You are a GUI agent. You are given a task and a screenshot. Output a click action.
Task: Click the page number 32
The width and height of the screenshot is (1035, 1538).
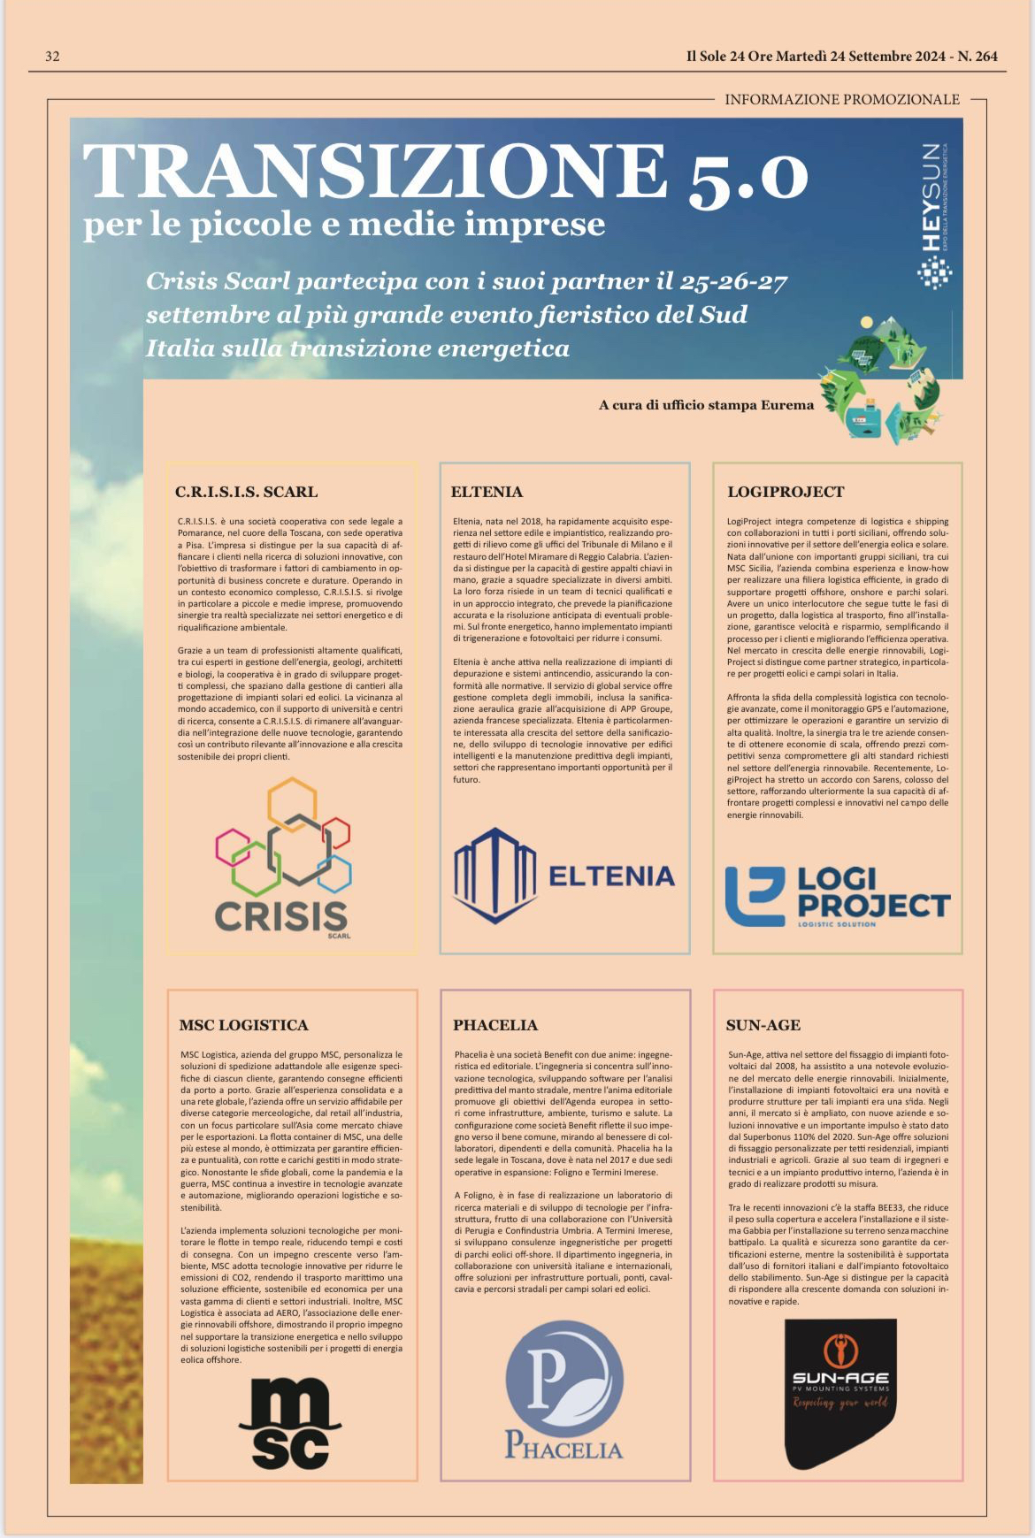[52, 57]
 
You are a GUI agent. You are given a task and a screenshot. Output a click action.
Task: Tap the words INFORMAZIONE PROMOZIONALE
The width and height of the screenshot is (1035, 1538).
[841, 99]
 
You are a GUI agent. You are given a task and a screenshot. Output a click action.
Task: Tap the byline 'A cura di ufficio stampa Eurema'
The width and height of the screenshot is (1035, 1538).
[706, 405]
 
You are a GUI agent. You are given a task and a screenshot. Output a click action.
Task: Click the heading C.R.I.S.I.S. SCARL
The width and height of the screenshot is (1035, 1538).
[246, 492]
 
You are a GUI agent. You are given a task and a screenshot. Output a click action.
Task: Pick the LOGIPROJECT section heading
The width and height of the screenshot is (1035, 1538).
[786, 492]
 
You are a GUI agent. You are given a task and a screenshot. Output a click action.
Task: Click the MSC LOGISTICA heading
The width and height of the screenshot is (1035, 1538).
[243, 1025]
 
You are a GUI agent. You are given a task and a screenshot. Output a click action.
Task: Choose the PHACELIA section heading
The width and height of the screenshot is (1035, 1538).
[495, 1025]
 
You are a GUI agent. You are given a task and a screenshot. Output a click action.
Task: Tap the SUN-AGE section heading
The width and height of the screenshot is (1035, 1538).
[763, 1025]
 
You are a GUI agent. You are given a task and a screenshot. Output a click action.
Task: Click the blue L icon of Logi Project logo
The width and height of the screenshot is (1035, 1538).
[755, 895]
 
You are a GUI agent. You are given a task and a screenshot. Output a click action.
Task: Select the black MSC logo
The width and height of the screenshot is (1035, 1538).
[289, 1422]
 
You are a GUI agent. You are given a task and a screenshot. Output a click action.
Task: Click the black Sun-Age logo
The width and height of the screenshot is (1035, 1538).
[840, 1392]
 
